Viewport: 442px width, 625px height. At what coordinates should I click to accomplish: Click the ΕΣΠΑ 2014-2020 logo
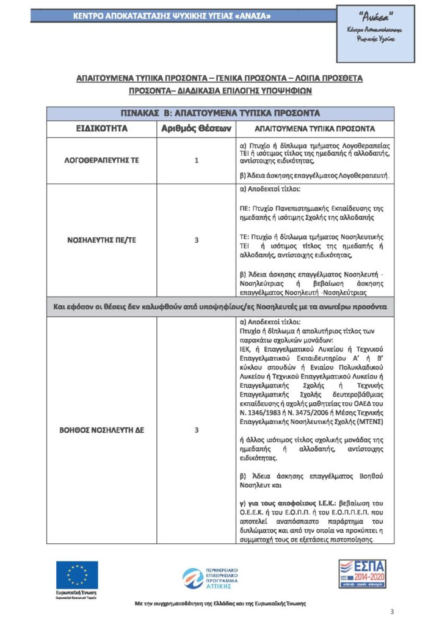[x=363, y=577]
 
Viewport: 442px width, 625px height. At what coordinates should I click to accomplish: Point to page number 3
[x=392, y=612]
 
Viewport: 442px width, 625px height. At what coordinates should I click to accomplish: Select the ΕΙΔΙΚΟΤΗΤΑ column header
[x=101, y=129]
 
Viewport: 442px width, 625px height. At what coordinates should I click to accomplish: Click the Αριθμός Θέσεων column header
[x=196, y=129]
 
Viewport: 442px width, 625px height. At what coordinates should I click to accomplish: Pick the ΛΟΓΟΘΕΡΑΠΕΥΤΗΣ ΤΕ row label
[x=101, y=161]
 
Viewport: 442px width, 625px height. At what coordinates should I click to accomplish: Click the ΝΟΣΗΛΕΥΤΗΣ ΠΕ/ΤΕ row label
[x=101, y=240]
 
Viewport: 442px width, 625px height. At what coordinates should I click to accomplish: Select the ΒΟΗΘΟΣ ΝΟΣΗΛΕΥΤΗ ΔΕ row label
[x=101, y=430]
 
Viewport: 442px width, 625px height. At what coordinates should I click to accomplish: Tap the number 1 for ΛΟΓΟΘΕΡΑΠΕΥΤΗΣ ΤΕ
[x=196, y=161]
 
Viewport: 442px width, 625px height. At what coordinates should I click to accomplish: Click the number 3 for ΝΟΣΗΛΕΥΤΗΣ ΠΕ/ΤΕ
[x=196, y=240]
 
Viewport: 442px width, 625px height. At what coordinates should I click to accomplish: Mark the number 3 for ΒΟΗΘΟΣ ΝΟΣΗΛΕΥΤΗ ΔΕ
[x=196, y=430]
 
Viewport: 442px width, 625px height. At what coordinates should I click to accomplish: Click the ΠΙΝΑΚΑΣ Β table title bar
[x=220, y=113]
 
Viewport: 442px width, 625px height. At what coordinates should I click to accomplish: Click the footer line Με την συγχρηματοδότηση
[x=220, y=603]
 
